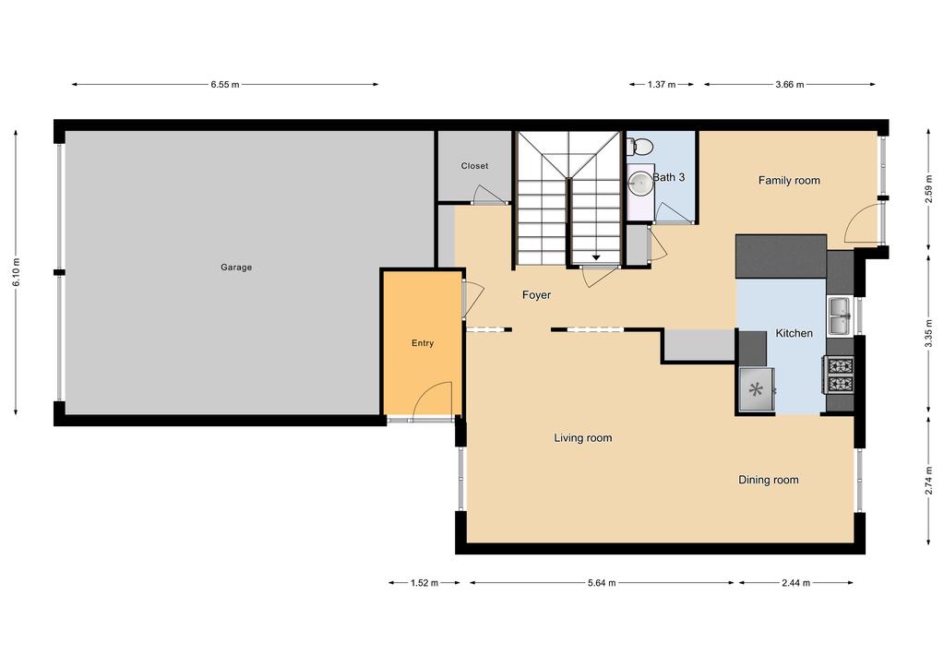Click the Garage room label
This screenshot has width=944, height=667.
coord(236,268)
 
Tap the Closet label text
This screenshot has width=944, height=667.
coord(474,166)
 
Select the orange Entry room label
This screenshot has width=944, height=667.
coord(423,343)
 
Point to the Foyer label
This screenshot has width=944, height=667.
coord(536,295)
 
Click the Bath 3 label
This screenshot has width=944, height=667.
coord(669,176)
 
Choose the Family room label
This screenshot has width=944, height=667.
coord(789,181)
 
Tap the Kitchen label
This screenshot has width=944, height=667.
coord(794,333)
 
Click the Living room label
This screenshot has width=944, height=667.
coord(582,438)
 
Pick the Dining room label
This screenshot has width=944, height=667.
coord(768,480)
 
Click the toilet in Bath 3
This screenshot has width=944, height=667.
coord(640,146)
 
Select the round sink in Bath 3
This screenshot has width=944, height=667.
coord(639,183)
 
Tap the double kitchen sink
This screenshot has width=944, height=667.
coord(840,316)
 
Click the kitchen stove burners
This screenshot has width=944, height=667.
coord(839,374)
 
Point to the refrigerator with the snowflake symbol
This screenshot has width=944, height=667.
coord(758,389)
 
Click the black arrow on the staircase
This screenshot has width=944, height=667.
coord(596,257)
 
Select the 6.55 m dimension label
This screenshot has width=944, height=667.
coord(225,85)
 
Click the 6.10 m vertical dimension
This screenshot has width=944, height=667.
coord(16,271)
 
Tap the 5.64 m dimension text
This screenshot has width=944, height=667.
coord(601,583)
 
